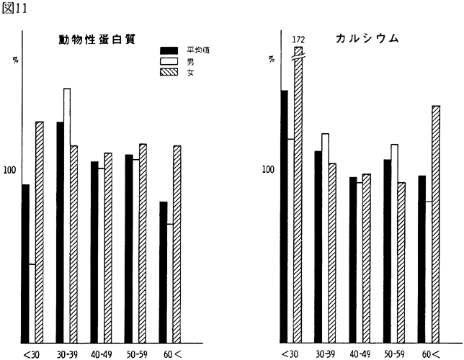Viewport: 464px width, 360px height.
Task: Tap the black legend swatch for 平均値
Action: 170,50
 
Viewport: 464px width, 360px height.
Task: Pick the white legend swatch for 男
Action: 170,61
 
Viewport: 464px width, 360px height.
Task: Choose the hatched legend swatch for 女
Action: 170,73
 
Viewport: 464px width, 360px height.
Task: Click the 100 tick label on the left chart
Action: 9,171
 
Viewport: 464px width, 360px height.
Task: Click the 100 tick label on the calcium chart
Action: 268,171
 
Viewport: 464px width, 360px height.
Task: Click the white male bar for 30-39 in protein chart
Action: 66,216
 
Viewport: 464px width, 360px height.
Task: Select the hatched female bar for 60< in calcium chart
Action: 436,223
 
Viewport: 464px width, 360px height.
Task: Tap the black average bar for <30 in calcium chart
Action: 285,216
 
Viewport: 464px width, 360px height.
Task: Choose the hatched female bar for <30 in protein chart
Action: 40,230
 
